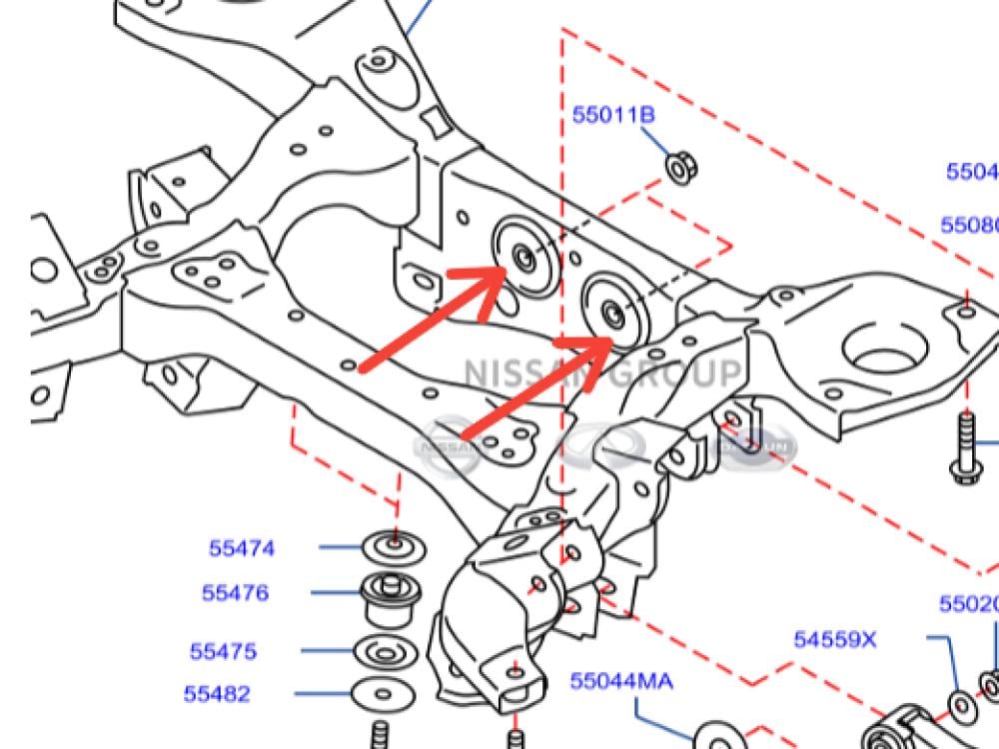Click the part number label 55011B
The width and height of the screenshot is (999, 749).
pyautogui.click(x=612, y=115)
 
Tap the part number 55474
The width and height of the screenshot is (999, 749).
pyautogui.click(x=242, y=548)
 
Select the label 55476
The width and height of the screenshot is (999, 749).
pyautogui.click(x=236, y=593)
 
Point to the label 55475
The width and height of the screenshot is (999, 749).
pyautogui.click(x=224, y=652)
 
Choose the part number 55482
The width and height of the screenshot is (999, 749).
pyautogui.click(x=217, y=694)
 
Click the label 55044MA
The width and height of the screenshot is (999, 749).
pyautogui.click(x=621, y=682)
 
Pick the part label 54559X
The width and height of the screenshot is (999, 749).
pyautogui.click(x=835, y=639)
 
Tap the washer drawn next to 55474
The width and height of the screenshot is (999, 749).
pyautogui.click(x=394, y=546)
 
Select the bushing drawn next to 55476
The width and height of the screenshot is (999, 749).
pyautogui.click(x=391, y=595)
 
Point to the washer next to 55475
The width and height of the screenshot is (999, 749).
pyautogui.click(x=384, y=652)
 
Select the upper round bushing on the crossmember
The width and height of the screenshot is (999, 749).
pyautogui.click(x=525, y=257)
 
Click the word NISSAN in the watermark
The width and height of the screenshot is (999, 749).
pyautogui.click(x=518, y=374)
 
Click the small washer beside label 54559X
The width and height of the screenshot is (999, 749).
pyautogui.click(x=961, y=705)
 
